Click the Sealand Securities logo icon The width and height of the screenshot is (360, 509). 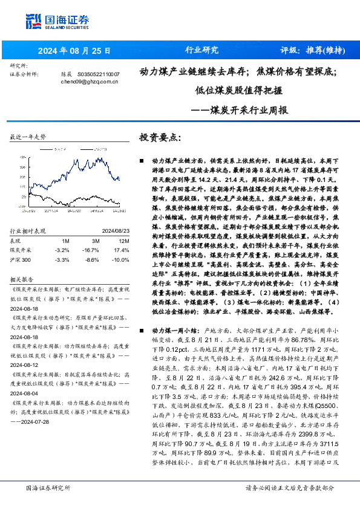click(34, 21)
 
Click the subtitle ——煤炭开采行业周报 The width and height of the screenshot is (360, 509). click(239, 111)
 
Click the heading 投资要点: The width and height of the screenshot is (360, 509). click(160, 137)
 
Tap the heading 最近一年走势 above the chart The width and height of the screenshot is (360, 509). click(28, 137)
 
